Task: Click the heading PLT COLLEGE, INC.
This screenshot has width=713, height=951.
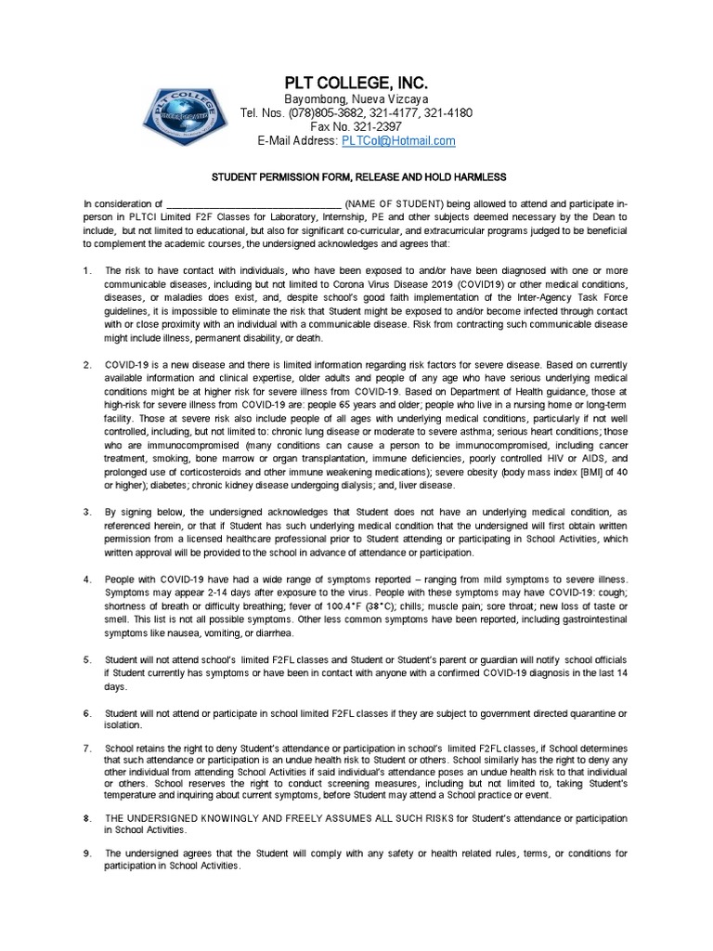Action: tap(356, 84)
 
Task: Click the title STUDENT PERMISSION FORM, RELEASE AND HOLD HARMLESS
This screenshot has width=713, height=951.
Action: tap(356, 177)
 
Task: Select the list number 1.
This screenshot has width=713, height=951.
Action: tap(86, 270)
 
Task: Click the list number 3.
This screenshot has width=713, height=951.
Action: tap(86, 511)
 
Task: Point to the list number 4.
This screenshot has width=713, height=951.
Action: tap(86, 580)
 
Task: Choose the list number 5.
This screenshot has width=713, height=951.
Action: tap(86, 659)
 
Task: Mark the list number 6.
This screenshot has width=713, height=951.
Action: tap(86, 712)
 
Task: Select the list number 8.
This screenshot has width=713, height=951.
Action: tap(86, 817)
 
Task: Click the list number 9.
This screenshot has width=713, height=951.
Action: tap(86, 853)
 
